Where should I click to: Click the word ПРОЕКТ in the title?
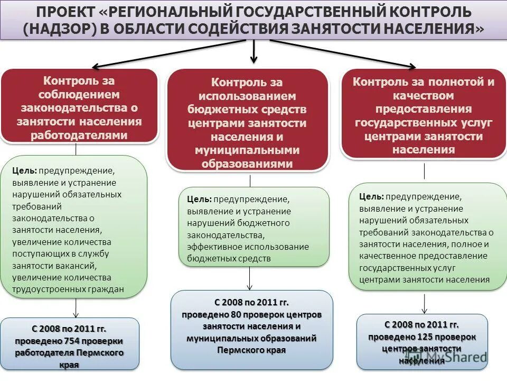[x=66, y=12]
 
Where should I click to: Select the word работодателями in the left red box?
[x=79, y=135]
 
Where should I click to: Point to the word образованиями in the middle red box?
[x=247, y=164]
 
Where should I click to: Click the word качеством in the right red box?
[x=423, y=96]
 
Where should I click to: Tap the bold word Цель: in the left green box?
[x=25, y=171]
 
